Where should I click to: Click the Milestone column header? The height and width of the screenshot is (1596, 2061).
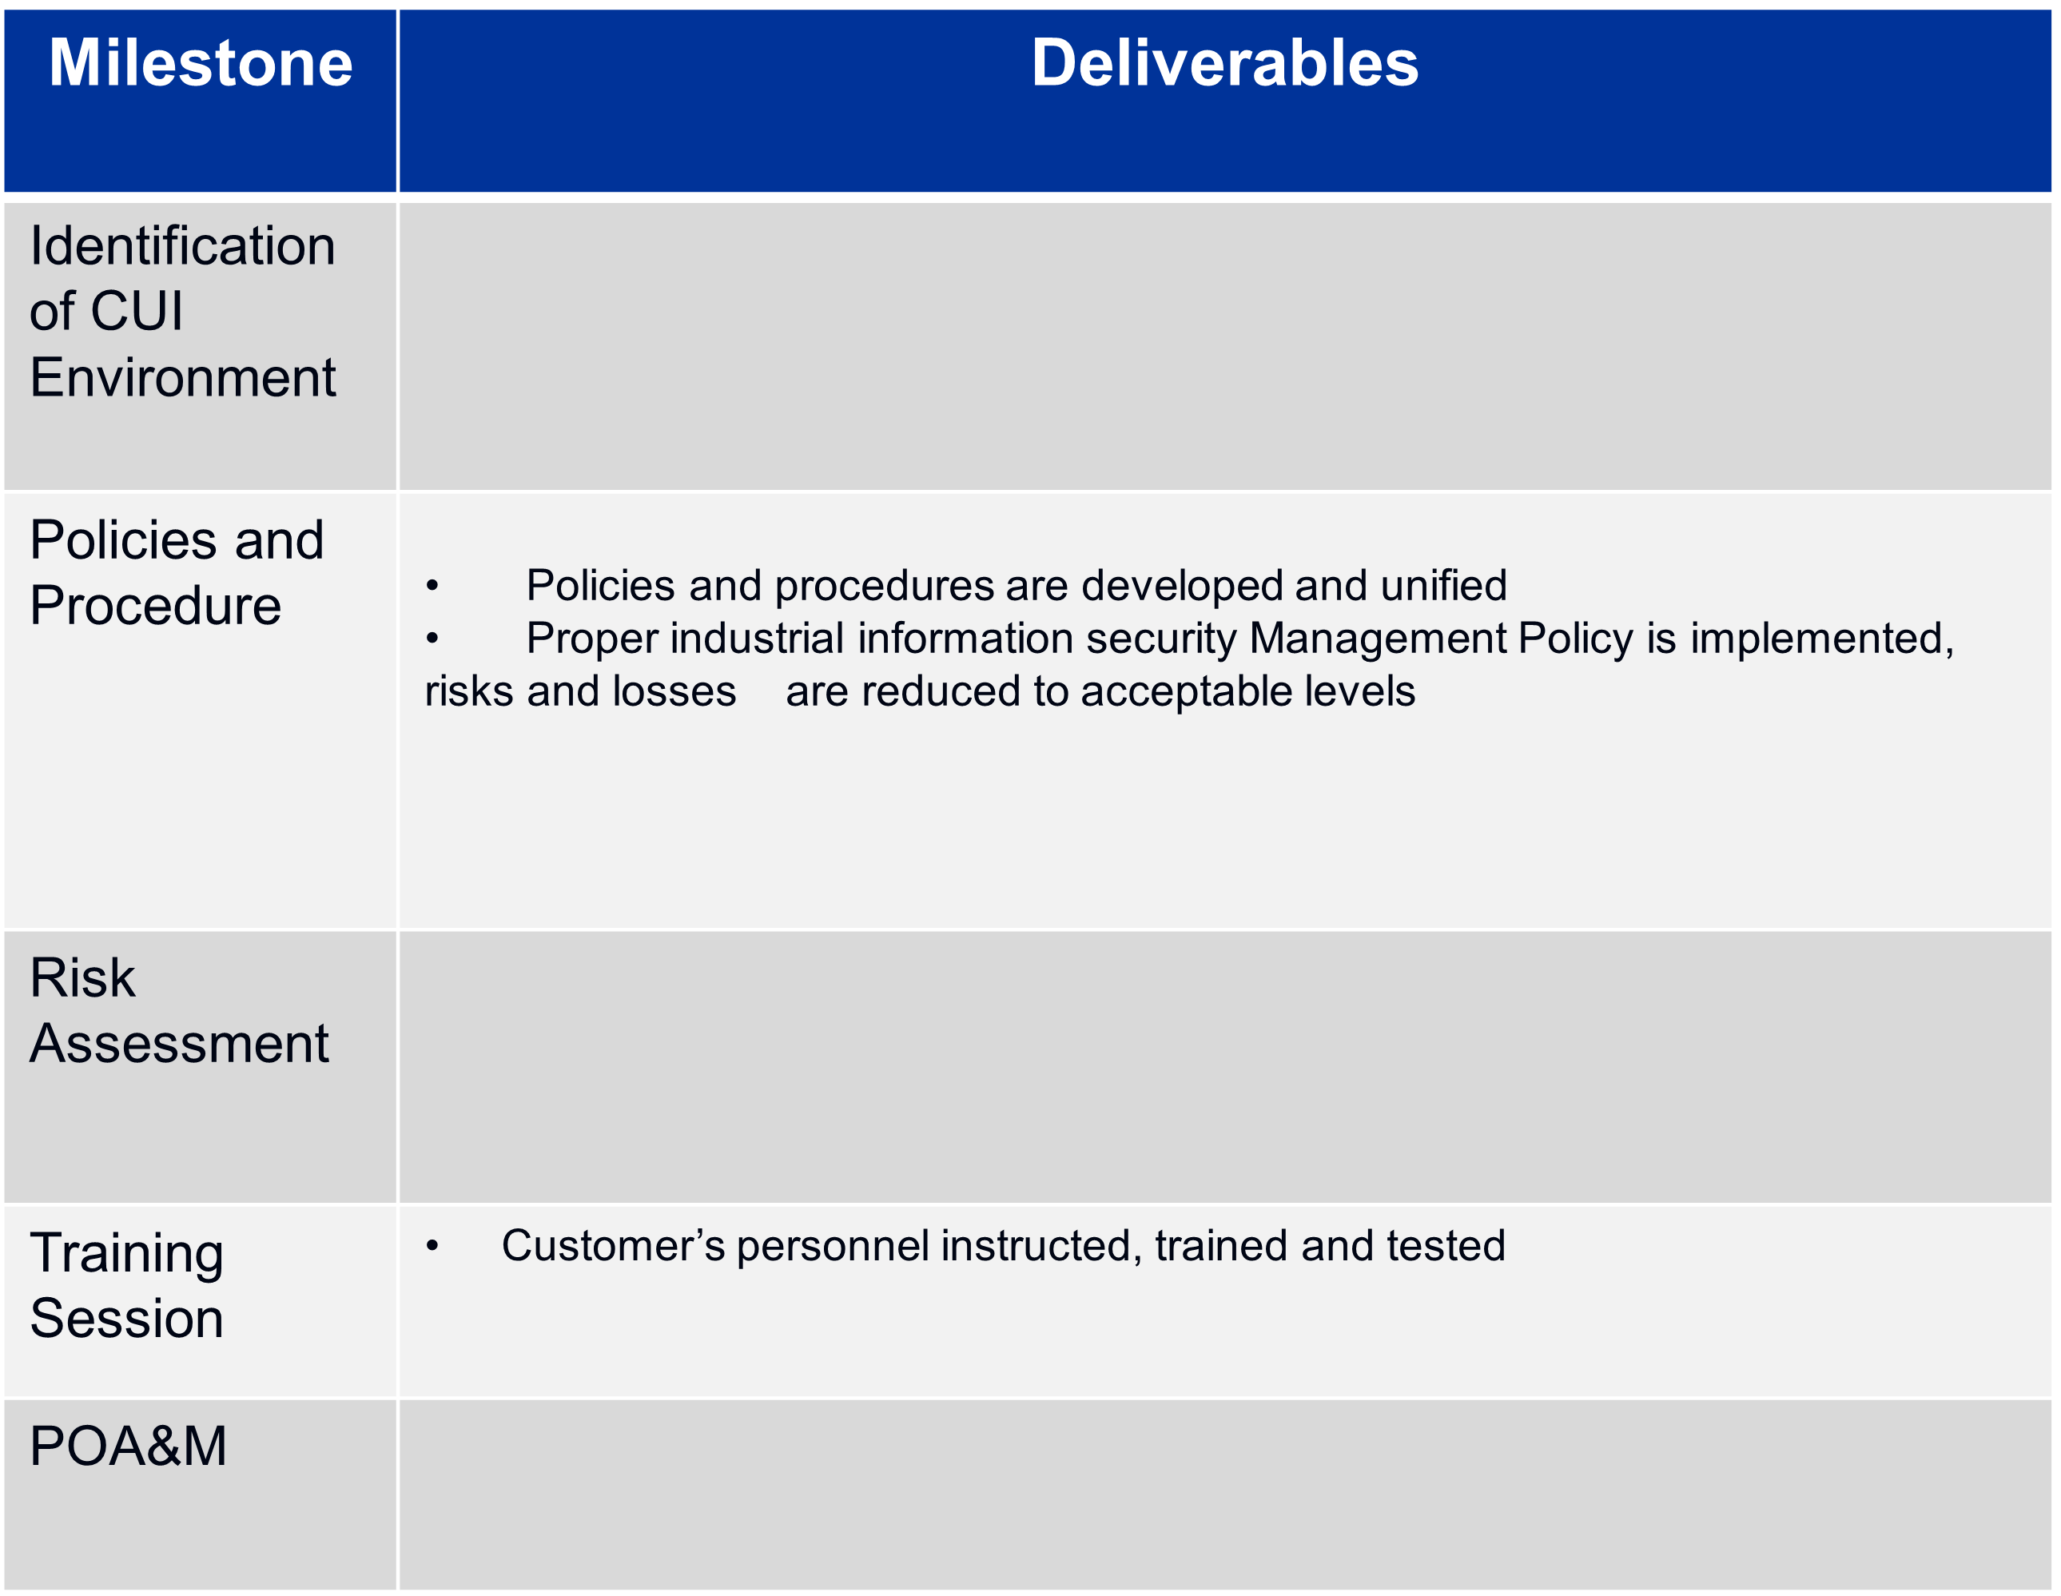point(200,63)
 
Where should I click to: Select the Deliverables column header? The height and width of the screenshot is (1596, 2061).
point(1224,63)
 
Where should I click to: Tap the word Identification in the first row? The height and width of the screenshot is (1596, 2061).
point(182,246)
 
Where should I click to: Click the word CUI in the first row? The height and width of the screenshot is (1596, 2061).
point(137,312)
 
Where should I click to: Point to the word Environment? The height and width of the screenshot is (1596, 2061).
point(182,377)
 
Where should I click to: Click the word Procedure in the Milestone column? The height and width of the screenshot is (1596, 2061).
point(156,605)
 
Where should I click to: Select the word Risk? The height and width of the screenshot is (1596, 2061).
point(82,977)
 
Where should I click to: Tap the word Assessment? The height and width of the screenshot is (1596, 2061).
point(179,1044)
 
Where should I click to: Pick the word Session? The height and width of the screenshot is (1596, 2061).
point(126,1319)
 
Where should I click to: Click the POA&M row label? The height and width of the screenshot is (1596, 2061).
point(129,1446)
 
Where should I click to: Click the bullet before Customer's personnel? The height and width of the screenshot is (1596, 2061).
point(432,1247)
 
